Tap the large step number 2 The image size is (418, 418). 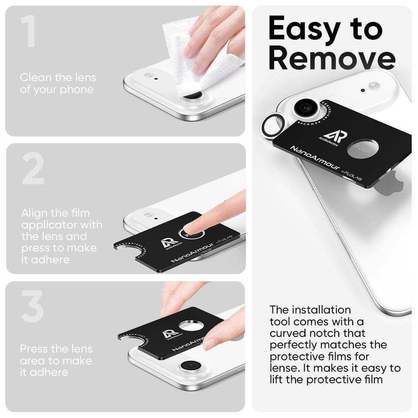pos(33,169)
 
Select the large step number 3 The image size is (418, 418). pos(32,306)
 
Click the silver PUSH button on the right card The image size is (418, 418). pos(364,149)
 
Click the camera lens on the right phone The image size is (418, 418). pos(306,108)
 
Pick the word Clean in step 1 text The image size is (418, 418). pos(36,78)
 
